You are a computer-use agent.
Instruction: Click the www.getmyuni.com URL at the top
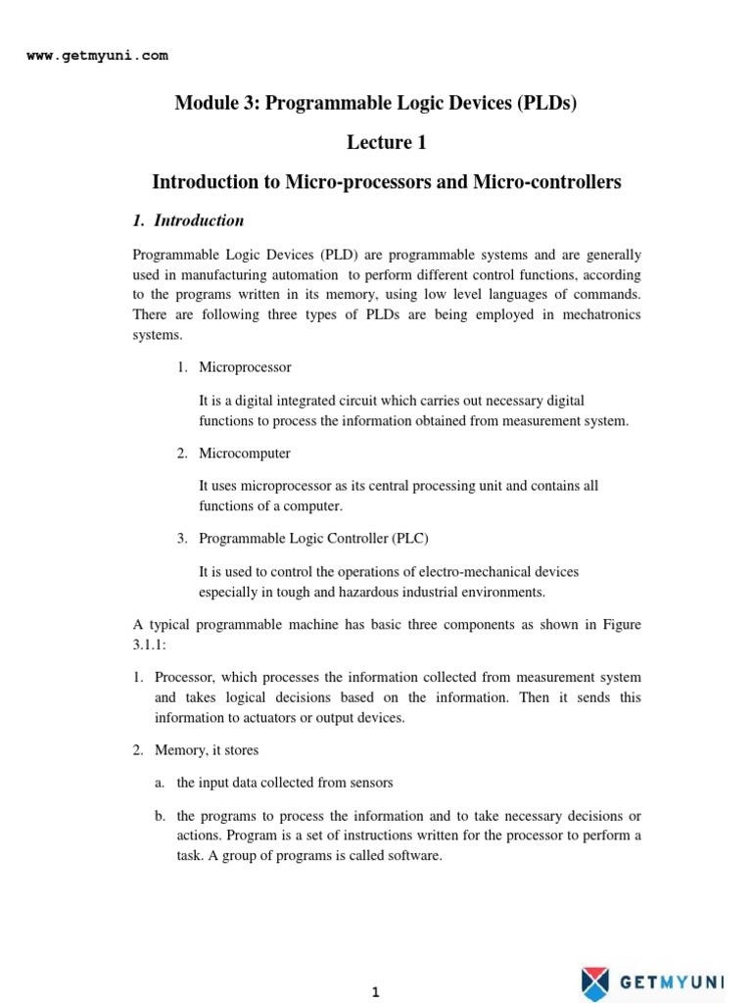pyautogui.click(x=97, y=56)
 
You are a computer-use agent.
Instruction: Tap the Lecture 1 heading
pyautogui.click(x=387, y=143)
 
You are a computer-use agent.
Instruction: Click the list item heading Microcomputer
pyautogui.click(x=245, y=454)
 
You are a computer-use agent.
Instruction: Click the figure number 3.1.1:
pyautogui.click(x=151, y=645)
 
